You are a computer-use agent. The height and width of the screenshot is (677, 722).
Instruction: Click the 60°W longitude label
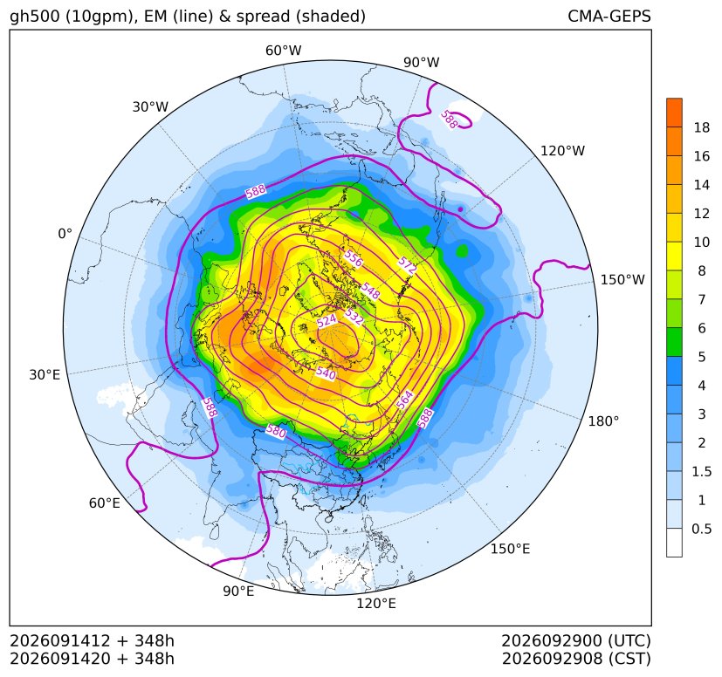tap(283, 51)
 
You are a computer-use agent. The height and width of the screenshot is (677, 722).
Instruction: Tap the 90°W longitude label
tap(422, 62)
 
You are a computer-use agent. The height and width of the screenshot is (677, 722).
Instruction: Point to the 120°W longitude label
tap(563, 151)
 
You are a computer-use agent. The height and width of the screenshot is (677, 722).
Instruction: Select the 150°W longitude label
tap(622, 279)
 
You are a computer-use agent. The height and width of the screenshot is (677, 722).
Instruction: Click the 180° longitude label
tap(603, 421)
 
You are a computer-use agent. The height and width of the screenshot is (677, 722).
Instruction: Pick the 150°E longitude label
tap(510, 549)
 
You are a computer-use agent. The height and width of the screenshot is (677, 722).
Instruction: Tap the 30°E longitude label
tap(45, 374)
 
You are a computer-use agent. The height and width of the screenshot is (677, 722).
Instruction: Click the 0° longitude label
tap(65, 234)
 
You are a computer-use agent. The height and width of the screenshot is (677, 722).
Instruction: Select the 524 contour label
tap(327, 321)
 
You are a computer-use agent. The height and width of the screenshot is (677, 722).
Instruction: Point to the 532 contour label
tap(354, 316)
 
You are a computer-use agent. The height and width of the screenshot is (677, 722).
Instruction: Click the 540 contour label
tap(326, 373)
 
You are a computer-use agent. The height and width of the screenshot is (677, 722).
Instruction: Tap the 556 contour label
tap(354, 258)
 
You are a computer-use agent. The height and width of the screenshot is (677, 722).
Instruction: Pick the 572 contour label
tap(407, 265)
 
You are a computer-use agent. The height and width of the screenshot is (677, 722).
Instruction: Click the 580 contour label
tap(276, 431)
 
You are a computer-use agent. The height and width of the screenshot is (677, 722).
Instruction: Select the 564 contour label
tap(404, 400)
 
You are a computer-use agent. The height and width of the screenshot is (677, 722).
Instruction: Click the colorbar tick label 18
tap(702, 127)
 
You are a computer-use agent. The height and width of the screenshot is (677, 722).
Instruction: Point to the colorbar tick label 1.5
tap(702, 471)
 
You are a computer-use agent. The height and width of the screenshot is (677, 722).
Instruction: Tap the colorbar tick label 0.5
tap(702, 529)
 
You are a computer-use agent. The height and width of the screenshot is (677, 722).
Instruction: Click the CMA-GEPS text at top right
tap(609, 16)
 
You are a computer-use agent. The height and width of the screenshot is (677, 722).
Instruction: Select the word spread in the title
tap(263, 17)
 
